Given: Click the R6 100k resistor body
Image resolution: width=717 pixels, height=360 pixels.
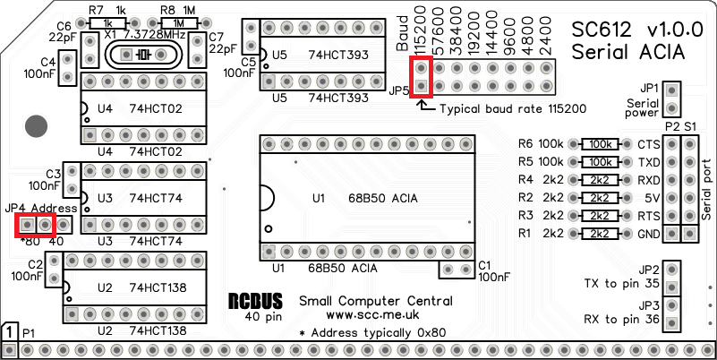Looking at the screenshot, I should pyautogui.click(x=600, y=143).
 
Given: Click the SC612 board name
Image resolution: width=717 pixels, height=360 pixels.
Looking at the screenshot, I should pyautogui.click(x=604, y=30).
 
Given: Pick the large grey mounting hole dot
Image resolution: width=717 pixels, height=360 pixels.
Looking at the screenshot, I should pyautogui.click(x=35, y=126).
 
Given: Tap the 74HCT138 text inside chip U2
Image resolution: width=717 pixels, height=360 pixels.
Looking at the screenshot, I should pyautogui.click(x=158, y=287).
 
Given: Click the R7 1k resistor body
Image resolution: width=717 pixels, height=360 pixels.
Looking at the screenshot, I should pyautogui.click(x=108, y=22).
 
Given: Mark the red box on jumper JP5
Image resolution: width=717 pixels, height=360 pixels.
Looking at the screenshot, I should pyautogui.click(x=422, y=78).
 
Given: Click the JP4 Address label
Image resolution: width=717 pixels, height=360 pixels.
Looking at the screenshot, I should pyautogui.click(x=41, y=208).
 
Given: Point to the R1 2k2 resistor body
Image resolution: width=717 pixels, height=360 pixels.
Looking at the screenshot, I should pyautogui.click(x=600, y=233).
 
